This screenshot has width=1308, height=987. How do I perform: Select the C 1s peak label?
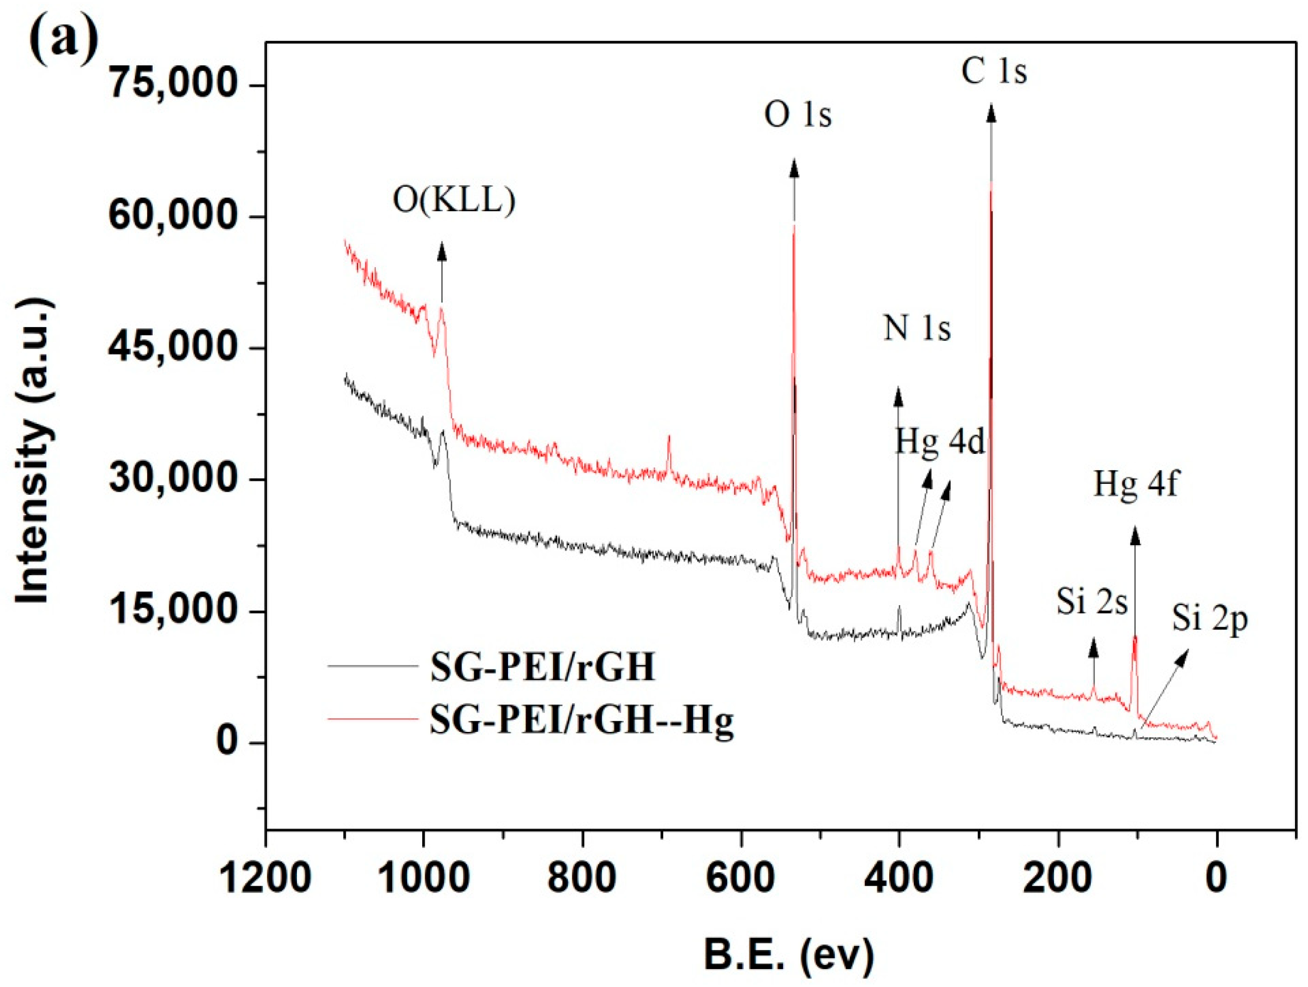coord(994,71)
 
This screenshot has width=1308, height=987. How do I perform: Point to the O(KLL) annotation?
coord(454,201)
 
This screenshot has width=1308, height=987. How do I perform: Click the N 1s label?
coord(917,328)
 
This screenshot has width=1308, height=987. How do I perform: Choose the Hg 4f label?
coord(1135,484)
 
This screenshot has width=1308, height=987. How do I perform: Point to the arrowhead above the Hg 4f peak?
coord(1134,536)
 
